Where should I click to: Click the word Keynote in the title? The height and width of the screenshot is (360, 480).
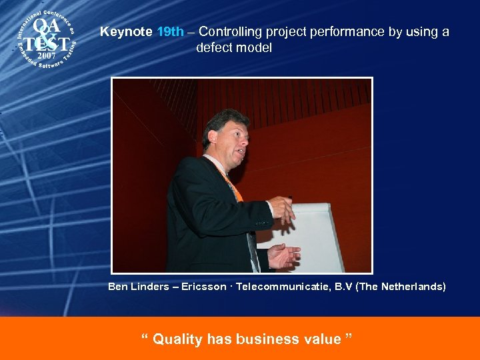click(126, 32)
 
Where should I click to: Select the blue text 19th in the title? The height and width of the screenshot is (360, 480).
click(170, 32)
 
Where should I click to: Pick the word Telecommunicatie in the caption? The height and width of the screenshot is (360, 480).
click(279, 287)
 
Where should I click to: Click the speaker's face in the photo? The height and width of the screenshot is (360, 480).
click(231, 140)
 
